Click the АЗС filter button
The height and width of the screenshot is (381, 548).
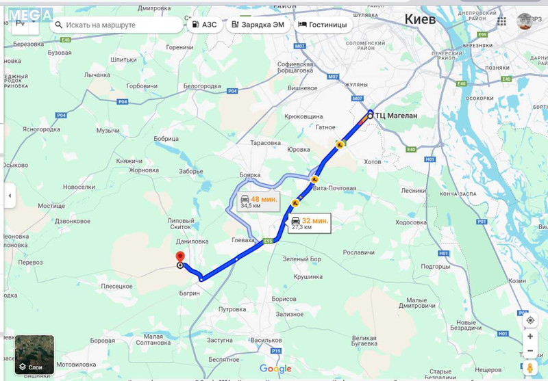(205, 25)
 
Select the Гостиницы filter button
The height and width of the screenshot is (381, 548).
(322, 25)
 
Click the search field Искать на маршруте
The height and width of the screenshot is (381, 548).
(116, 25)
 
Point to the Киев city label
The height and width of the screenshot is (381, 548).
(420, 19)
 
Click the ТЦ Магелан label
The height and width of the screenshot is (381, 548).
(396, 116)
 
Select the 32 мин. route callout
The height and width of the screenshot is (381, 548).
(309, 224)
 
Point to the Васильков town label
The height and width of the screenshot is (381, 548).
(266, 340)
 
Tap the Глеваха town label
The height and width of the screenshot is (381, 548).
(244, 240)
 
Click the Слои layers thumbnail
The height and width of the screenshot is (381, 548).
(34, 354)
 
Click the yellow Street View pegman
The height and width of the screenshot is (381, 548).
(530, 369)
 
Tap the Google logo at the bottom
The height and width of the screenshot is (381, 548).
(275, 369)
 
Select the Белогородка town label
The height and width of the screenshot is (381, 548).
(202, 86)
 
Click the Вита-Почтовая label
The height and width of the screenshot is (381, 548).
(334, 188)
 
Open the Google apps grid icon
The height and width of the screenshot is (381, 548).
(502, 21)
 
